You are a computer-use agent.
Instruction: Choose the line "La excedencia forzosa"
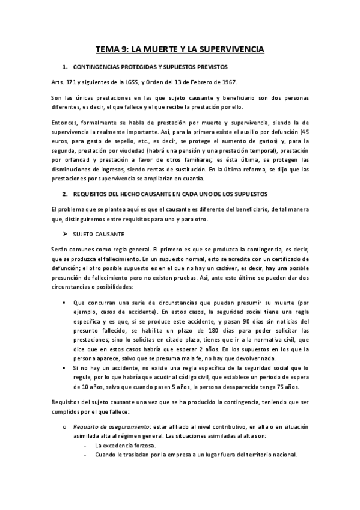point(125,445)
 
